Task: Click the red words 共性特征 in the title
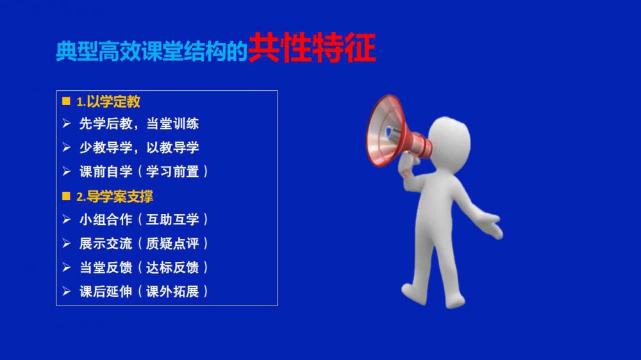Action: tap(312, 48)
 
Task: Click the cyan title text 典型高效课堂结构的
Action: tap(152, 51)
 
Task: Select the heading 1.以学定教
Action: tap(108, 102)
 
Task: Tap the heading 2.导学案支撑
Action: tap(115, 197)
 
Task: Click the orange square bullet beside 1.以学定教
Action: tap(66, 101)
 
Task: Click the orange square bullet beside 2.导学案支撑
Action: tap(66, 196)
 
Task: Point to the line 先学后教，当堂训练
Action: tap(139, 124)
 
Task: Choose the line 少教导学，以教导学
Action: tap(139, 147)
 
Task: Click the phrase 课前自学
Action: tap(106, 172)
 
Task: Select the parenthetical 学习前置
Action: tap(172, 172)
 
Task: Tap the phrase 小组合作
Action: tap(106, 220)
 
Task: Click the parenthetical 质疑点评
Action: tap(172, 244)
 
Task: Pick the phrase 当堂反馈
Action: tap(106, 268)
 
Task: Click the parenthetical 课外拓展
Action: tap(172, 291)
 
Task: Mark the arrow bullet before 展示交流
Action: tap(67, 243)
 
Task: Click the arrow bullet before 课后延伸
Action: tap(67, 291)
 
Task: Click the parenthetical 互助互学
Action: tap(172, 220)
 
